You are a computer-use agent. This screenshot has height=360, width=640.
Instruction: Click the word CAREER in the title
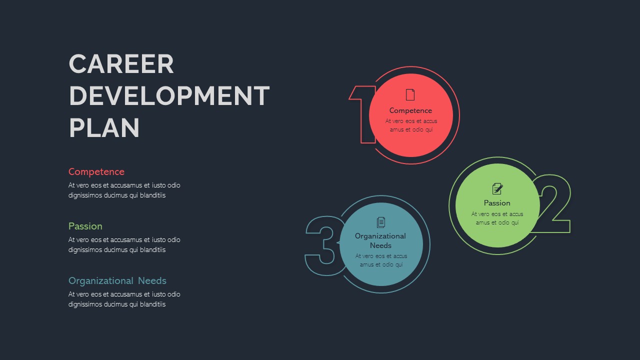click(121, 64)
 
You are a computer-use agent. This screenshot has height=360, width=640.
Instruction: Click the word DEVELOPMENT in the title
click(169, 96)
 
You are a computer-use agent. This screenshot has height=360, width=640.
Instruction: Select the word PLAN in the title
click(104, 128)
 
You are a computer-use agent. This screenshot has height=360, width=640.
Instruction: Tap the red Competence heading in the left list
click(96, 172)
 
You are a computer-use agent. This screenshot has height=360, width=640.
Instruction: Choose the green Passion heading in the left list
click(85, 226)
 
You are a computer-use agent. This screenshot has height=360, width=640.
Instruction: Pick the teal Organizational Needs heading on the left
click(117, 281)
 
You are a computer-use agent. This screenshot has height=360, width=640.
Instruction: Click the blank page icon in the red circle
click(410, 94)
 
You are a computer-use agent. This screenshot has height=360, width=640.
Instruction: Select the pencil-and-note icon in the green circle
click(497, 188)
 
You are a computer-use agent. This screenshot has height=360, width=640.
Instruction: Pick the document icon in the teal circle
click(381, 222)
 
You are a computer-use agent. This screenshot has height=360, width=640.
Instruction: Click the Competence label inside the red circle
click(410, 110)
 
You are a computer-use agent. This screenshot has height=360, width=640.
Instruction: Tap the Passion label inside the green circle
click(497, 203)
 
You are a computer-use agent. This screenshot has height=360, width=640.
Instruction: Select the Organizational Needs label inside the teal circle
click(380, 240)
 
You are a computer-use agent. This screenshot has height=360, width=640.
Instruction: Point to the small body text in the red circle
click(411, 125)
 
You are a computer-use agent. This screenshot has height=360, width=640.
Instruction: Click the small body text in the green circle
click(497, 218)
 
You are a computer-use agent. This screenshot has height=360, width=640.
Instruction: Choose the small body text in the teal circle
click(381, 260)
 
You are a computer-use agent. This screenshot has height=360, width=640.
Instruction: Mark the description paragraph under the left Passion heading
click(124, 245)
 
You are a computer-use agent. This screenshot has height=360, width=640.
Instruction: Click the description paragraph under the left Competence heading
click(124, 190)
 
